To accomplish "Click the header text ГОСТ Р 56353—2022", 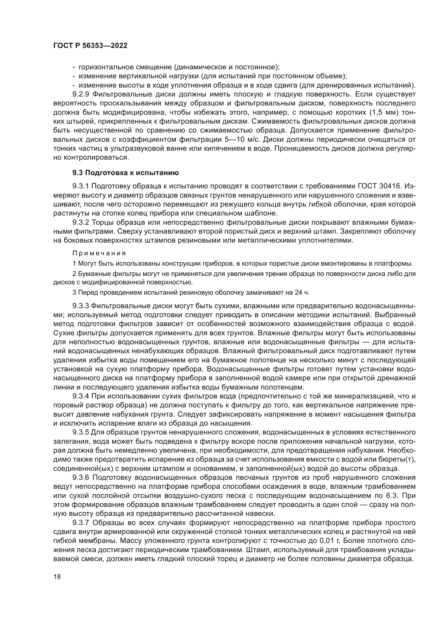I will (90, 46).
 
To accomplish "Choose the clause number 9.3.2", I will (81, 222).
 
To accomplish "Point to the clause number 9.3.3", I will (81, 306).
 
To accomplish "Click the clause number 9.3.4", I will (81, 397).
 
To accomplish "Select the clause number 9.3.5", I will (81, 432).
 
